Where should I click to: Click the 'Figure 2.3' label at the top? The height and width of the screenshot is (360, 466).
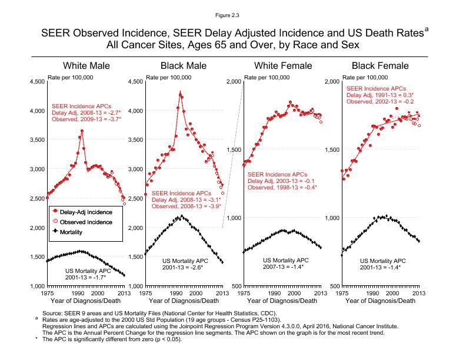point(233,10)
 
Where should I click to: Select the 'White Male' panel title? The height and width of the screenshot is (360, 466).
point(86,65)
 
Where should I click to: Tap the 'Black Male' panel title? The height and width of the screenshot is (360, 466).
point(182,65)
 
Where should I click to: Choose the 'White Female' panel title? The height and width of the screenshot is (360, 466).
point(281,65)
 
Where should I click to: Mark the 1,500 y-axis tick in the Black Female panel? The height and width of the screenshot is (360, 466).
point(331,150)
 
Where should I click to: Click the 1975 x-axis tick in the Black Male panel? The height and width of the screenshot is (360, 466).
point(145,292)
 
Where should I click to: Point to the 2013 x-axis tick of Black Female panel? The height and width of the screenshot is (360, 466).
point(418,292)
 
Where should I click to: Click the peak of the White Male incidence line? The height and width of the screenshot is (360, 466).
point(82,131)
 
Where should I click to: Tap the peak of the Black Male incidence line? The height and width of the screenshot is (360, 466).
point(180,92)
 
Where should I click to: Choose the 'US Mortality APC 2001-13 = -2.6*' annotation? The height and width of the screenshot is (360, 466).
point(186,264)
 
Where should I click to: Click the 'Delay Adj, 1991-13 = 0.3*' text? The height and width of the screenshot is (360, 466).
point(380,95)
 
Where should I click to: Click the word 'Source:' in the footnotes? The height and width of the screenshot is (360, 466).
point(52,312)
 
